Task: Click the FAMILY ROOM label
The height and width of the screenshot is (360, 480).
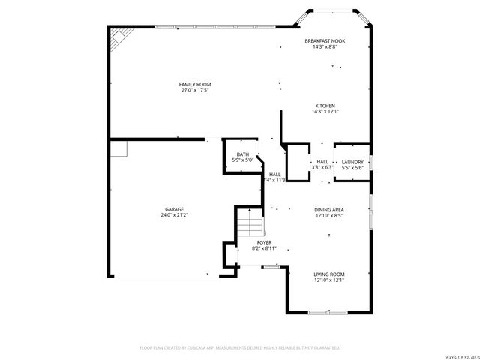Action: pos(193,83)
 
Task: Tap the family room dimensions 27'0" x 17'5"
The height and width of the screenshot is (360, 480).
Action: pos(193,90)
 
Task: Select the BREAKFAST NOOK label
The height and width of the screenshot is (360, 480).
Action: pos(325,40)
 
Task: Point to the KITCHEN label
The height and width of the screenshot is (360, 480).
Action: pos(325,106)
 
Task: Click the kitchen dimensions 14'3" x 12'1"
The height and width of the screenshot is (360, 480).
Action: pos(325,112)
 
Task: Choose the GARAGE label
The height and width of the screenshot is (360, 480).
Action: pos(175,209)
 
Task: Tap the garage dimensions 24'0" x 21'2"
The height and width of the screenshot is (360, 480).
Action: pos(175,215)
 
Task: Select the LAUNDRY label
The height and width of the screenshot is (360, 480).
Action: pos(352,162)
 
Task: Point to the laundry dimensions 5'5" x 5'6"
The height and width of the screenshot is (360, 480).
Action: pos(352,168)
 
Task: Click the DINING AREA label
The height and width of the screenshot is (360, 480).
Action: pos(328,210)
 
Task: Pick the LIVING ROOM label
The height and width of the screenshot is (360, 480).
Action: pos(328,274)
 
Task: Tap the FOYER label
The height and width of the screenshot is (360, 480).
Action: pos(264,242)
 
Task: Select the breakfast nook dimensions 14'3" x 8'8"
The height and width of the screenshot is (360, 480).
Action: pos(325,46)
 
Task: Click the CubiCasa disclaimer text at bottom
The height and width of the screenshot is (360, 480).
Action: pos(240,348)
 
